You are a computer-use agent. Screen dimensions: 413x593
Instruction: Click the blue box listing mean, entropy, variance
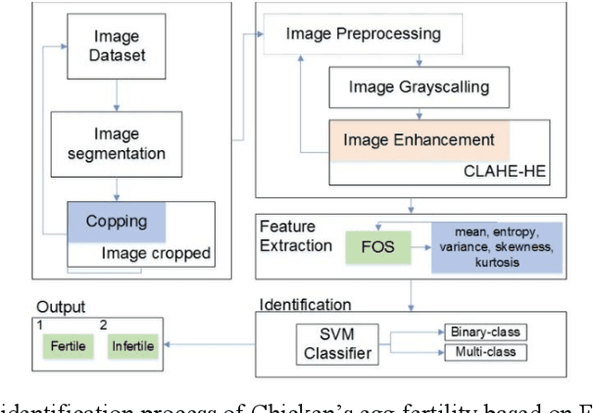pos(497,247)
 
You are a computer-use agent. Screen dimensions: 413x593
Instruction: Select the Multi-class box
pos(486,352)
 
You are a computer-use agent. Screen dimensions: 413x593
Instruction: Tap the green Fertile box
pos(68,346)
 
